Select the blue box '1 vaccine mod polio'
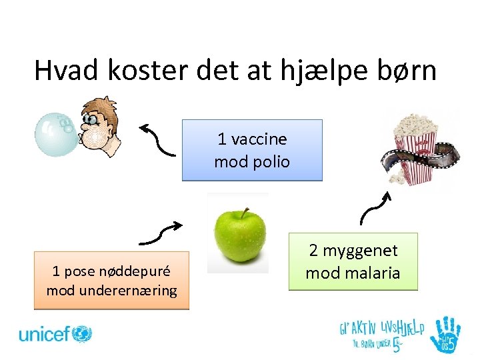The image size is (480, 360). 252,150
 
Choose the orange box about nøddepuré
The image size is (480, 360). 111,280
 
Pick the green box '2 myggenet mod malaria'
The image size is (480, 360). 353,261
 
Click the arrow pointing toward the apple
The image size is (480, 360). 161,232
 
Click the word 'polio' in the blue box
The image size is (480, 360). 270,161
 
